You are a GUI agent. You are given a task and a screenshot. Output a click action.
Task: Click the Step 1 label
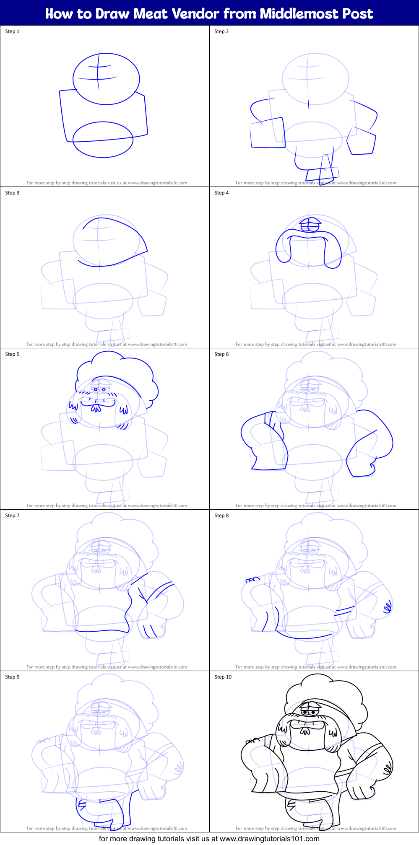(x=12, y=31)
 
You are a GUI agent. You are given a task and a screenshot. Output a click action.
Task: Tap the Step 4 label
(x=221, y=193)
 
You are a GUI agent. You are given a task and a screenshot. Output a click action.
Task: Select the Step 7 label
(x=12, y=516)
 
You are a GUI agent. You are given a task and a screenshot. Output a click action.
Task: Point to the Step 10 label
(x=223, y=677)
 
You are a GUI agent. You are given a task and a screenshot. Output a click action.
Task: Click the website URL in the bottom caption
(x=269, y=839)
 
